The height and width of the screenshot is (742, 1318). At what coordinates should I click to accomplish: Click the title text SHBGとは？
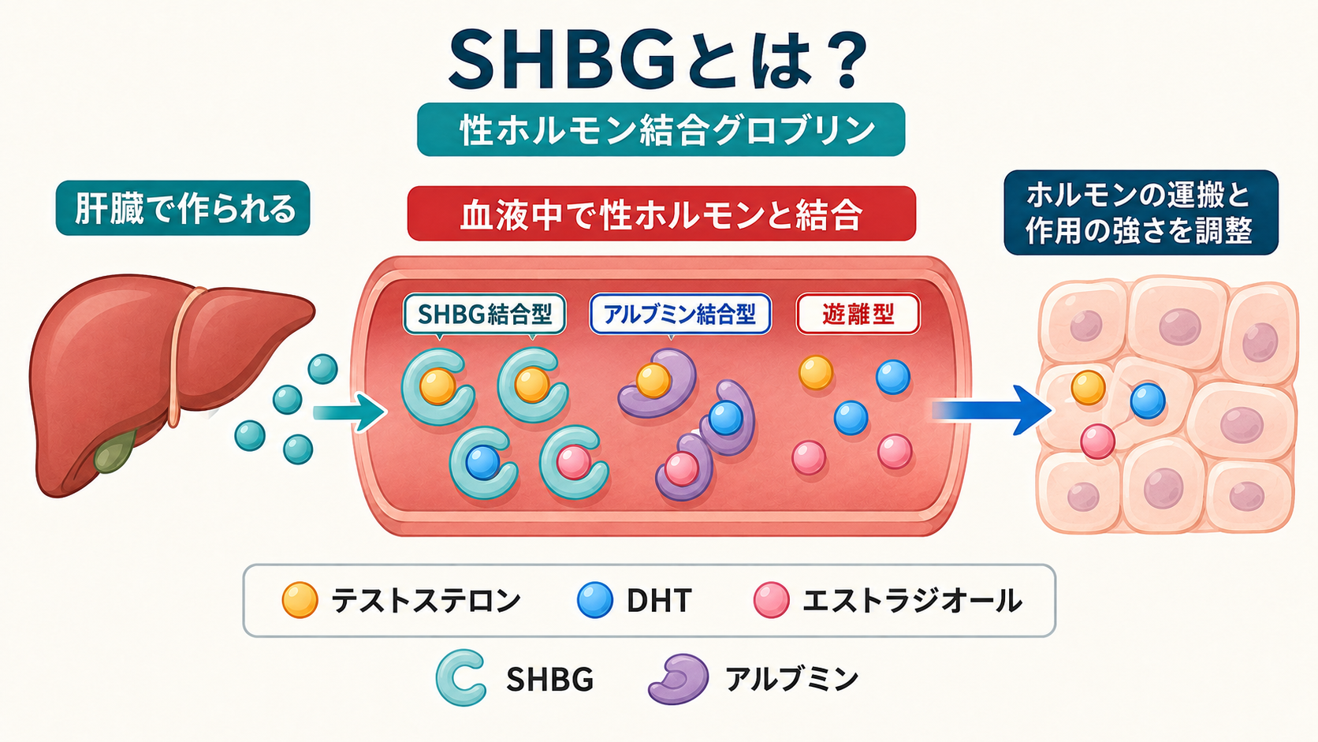click(x=658, y=61)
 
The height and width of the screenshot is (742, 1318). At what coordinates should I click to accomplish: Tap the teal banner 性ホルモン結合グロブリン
click(x=661, y=129)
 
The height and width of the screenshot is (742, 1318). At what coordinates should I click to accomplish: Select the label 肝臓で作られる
click(x=183, y=208)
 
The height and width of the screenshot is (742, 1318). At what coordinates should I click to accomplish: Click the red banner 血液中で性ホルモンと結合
click(x=661, y=214)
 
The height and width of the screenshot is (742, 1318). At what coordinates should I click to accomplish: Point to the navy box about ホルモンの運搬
click(x=1141, y=212)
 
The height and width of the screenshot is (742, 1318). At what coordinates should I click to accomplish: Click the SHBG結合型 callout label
click(x=484, y=315)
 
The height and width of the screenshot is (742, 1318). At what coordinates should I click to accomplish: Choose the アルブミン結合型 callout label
click(x=680, y=314)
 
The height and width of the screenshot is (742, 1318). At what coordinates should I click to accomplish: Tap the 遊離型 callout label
click(x=858, y=314)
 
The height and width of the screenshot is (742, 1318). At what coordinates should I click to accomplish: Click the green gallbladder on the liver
click(x=115, y=451)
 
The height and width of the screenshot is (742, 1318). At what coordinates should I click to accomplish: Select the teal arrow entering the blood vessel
click(x=349, y=412)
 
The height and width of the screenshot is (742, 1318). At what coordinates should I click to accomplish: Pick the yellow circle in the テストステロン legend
click(x=300, y=599)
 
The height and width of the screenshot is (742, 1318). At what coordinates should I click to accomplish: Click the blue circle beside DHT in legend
click(x=595, y=599)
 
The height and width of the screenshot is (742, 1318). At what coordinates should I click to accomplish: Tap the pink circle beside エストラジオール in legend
click(x=772, y=599)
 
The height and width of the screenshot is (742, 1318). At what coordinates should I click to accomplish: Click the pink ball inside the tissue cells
click(x=1097, y=442)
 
